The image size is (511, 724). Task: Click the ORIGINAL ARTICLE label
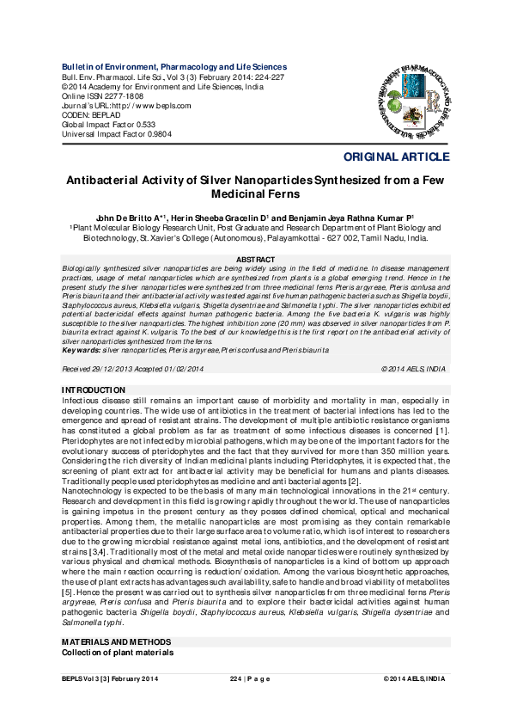click(x=396, y=157)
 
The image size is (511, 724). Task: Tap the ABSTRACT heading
click(x=255, y=260)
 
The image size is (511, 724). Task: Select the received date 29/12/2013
click(x=117, y=368)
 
